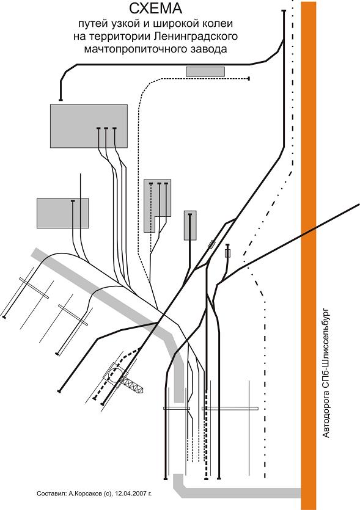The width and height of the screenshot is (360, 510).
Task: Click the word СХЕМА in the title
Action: (156, 9)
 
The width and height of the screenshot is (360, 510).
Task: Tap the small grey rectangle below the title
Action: (205, 71)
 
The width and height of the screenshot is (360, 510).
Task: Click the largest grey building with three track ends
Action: (89, 126)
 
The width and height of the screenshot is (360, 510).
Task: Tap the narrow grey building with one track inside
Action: (190, 225)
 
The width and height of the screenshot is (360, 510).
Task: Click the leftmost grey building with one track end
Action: (62, 213)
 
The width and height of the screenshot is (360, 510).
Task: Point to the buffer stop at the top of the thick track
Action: (284, 11)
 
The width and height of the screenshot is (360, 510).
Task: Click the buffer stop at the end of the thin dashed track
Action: (249, 78)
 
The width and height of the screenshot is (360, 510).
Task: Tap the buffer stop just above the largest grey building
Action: (61, 100)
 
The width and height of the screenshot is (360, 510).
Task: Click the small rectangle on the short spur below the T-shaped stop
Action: (227, 253)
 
